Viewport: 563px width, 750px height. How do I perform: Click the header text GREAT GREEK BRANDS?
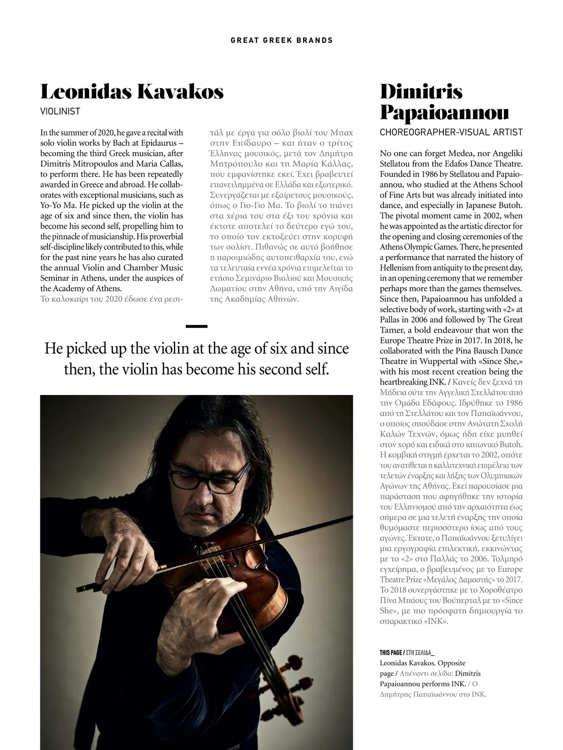point(281,40)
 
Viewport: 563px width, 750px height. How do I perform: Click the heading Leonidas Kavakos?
point(132,91)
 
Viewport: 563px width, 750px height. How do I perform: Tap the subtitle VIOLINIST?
point(60,112)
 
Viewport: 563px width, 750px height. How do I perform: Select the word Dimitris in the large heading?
point(421,91)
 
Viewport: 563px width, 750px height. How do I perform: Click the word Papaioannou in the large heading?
point(444,113)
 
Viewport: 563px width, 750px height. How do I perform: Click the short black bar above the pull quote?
point(196,326)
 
